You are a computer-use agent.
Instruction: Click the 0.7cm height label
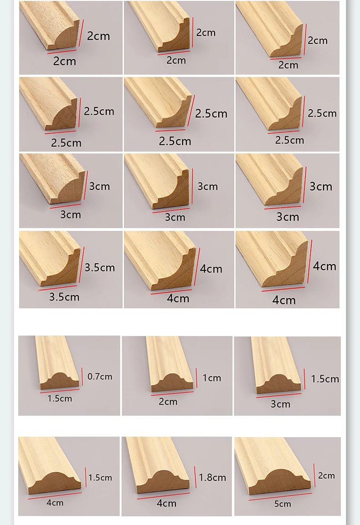pos(99,377)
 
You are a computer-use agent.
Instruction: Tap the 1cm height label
pos(211,378)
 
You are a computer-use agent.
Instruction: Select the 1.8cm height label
pos(212,477)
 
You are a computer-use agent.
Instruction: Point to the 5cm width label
pos(282,504)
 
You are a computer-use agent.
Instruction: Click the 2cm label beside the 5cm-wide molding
pos(326,475)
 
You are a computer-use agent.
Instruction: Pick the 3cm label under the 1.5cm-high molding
pos(280,404)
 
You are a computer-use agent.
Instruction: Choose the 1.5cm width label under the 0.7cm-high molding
pos(60,398)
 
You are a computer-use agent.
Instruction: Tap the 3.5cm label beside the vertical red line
pos(99,267)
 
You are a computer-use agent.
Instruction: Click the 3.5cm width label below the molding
pos(64,297)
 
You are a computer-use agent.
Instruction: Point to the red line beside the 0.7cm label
pos(82,376)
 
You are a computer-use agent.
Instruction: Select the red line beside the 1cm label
pos(196,378)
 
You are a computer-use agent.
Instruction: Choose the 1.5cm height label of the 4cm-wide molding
pos(100,478)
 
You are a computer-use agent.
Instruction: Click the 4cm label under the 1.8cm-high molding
pos(166,503)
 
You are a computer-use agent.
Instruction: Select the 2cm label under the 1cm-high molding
pos(168,402)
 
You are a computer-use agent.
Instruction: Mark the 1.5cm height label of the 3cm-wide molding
pos(325,379)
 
